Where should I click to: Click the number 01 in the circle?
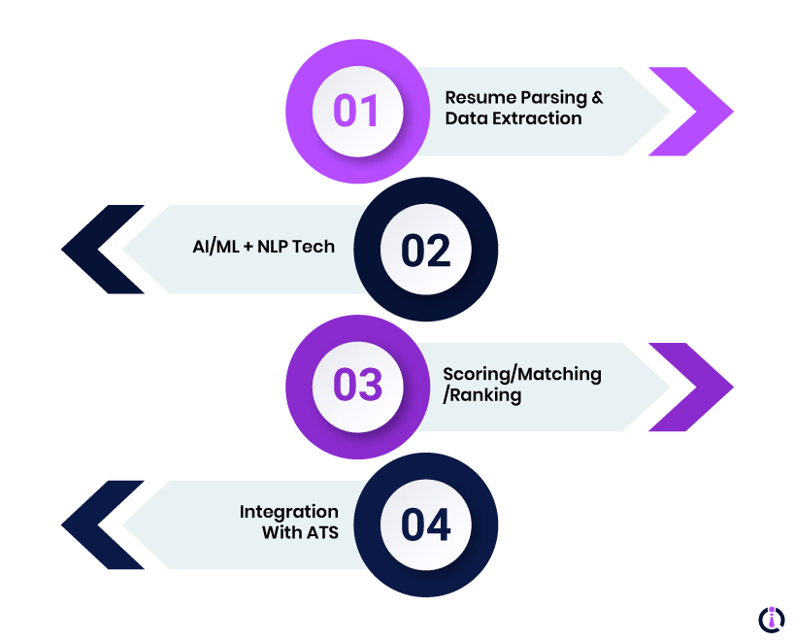pos(356,111)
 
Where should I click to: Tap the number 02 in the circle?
pos(426,251)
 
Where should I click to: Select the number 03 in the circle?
pos(357,386)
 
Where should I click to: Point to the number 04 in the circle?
pos(426,525)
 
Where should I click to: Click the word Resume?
pos(477,98)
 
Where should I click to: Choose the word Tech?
pos(315,246)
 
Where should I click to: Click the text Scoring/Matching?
pos(522,374)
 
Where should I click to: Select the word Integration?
pos(289,512)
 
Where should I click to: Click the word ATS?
pos(320,532)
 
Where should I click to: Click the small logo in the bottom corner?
pos(771,620)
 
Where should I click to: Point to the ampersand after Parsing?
pos(597,98)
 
